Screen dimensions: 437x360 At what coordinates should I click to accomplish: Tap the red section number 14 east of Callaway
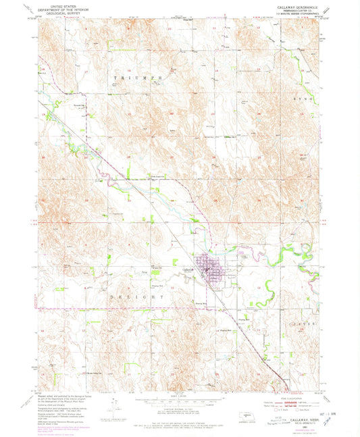pos(259,286)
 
